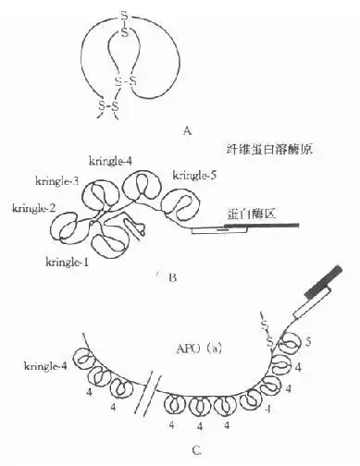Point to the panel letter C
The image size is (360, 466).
(x=194, y=451)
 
